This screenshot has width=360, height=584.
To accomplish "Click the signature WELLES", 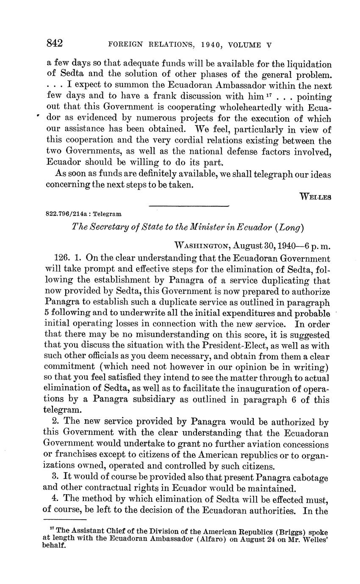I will click(x=315, y=196).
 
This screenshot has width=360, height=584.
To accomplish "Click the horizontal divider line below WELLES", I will click(x=188, y=206).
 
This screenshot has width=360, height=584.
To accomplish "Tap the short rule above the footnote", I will click(x=65, y=520).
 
